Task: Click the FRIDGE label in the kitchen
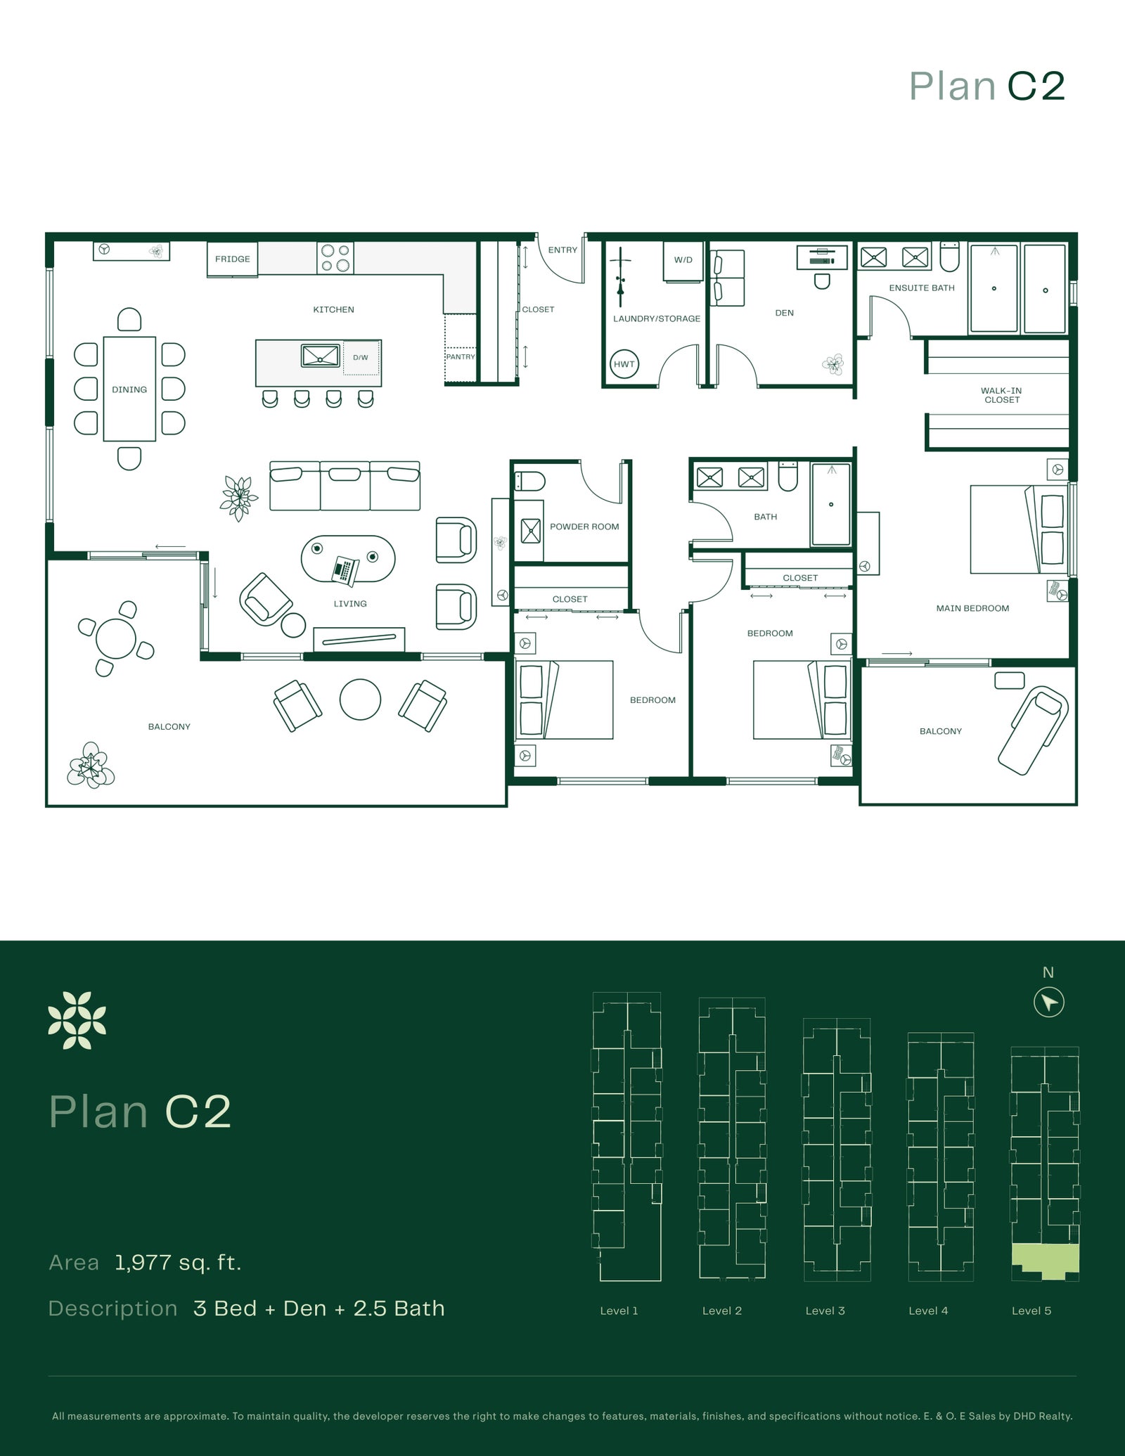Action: tap(233, 259)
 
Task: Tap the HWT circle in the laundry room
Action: tap(624, 364)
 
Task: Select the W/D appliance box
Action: tap(683, 260)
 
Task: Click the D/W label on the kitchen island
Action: tap(361, 358)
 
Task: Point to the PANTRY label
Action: tap(461, 357)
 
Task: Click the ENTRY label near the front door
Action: tap(562, 250)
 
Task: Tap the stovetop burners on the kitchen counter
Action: tap(335, 258)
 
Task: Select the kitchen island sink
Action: tap(321, 356)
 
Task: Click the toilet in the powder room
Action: tap(530, 482)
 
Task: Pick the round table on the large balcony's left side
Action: tap(116, 638)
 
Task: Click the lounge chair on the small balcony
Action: tap(1033, 731)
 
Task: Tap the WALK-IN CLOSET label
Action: tap(1001, 396)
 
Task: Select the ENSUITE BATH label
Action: tap(922, 288)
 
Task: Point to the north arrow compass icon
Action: tap(1049, 1002)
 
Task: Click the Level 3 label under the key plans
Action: tap(825, 1310)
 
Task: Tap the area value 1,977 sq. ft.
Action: tap(178, 1263)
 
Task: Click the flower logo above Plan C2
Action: tap(77, 1020)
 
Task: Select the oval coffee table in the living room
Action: tap(348, 560)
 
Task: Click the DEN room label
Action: tap(784, 314)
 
